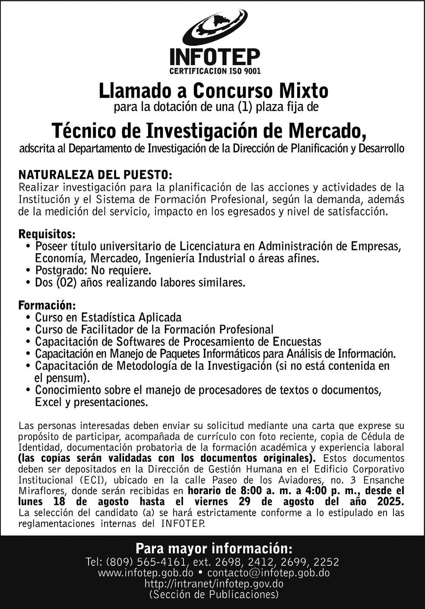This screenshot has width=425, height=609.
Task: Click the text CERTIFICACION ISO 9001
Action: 215,71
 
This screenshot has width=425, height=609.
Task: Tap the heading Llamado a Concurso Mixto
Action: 213,91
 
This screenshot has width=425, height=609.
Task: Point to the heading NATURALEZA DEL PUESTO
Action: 95,175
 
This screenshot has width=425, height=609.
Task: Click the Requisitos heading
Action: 47,235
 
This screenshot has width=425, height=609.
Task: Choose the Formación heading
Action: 47,305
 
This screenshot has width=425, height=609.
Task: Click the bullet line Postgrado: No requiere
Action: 93,271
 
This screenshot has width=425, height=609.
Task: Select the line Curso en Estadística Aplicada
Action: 108,317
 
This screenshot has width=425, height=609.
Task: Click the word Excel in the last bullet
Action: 48,403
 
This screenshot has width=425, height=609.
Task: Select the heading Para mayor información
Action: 214,549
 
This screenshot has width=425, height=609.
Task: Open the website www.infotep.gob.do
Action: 145,573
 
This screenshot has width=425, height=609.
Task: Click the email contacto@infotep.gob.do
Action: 268,573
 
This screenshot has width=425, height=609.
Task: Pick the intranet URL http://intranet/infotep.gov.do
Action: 214,584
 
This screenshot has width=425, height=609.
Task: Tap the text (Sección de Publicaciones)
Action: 214,595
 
